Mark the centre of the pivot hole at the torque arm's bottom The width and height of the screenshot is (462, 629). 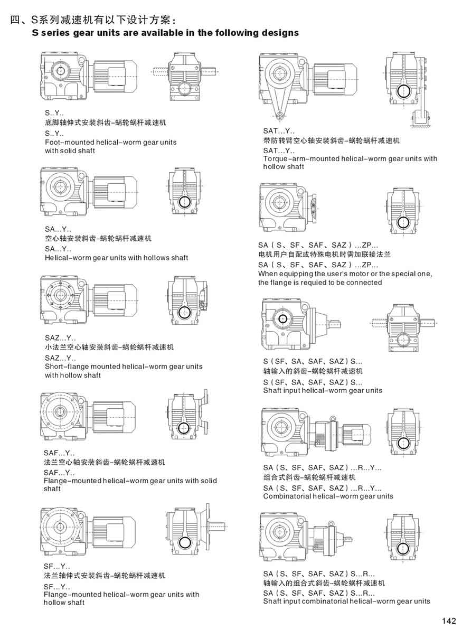279,116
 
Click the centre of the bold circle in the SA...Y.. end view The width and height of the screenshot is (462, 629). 184,201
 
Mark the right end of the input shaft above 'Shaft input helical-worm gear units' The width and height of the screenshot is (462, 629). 341,323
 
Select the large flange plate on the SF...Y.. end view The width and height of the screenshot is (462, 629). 207,526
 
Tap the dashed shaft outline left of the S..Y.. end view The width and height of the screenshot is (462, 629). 158,72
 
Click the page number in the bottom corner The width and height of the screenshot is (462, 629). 449,621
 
